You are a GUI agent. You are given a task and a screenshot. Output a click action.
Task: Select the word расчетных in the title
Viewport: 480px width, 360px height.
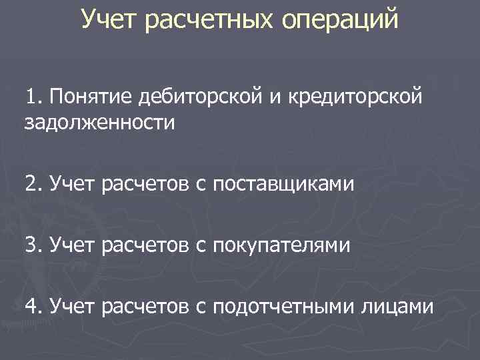coord(203,20)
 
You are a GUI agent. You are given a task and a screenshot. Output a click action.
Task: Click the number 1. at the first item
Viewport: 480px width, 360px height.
coord(34,99)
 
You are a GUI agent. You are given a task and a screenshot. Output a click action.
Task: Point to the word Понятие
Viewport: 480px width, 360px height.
coord(90,99)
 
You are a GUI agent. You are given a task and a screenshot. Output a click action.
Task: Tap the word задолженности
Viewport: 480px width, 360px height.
coord(91,123)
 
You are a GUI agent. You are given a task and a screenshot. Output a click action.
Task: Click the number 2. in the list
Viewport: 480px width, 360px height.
coord(34,183)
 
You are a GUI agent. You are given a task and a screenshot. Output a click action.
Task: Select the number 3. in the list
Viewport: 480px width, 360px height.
coord(34,245)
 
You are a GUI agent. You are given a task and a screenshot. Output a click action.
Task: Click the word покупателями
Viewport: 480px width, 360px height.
coord(281,247)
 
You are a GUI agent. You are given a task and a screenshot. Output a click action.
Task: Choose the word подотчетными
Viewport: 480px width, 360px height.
coord(283,308)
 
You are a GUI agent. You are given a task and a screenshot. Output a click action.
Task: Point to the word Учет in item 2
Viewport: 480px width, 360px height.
coord(73,183)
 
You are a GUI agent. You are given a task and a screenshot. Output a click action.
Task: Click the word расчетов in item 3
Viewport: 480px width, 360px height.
coord(146,246)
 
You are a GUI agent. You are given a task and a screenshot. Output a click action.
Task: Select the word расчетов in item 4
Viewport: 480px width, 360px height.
coord(146,307)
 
